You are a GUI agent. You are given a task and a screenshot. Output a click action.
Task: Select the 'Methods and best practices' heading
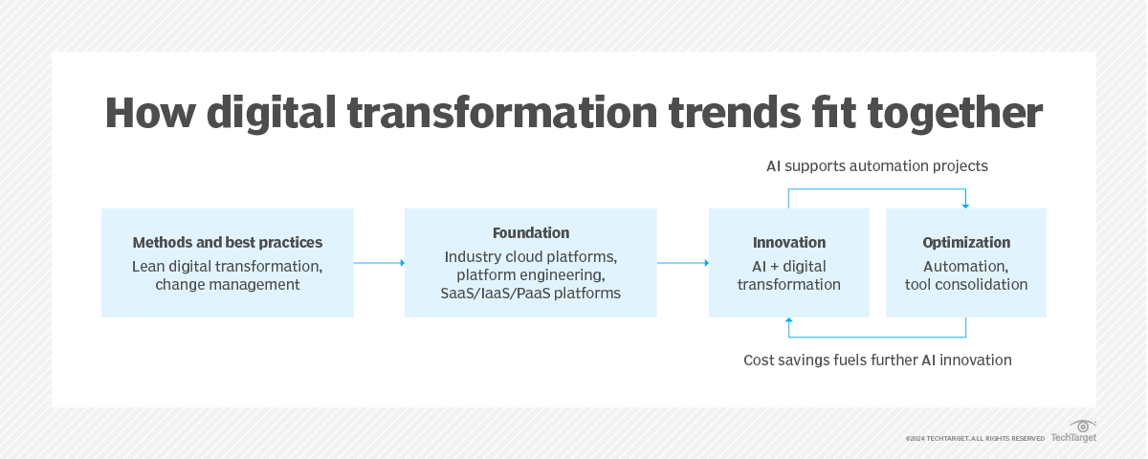click(228, 242)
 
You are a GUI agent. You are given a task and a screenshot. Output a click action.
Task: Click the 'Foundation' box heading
click(531, 232)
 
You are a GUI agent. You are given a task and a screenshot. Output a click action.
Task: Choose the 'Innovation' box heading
click(789, 242)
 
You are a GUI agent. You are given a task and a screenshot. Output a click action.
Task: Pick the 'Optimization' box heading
click(966, 242)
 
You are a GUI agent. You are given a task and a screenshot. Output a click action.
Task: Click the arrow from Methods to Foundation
click(379, 263)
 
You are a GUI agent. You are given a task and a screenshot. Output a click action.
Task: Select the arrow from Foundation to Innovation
click(682, 263)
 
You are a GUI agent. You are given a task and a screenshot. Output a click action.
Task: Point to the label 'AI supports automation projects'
click(876, 166)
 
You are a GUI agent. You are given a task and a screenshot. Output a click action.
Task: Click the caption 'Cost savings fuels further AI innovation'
click(877, 361)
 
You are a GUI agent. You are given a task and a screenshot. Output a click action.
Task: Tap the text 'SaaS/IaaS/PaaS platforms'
click(531, 294)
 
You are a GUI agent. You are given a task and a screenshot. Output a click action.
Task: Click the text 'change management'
click(228, 284)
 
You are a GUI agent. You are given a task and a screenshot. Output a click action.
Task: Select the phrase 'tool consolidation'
click(966, 284)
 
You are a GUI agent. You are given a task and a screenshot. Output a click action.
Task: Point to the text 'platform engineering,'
click(531, 275)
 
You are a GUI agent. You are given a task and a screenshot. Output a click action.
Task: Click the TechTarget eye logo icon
click(1082, 426)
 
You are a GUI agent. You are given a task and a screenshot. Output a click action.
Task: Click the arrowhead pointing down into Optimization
click(966, 205)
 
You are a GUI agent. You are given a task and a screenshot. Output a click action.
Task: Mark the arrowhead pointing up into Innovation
click(789, 321)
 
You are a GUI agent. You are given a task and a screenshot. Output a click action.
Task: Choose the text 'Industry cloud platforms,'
click(531, 256)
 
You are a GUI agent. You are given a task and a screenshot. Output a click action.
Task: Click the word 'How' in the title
click(146, 112)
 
